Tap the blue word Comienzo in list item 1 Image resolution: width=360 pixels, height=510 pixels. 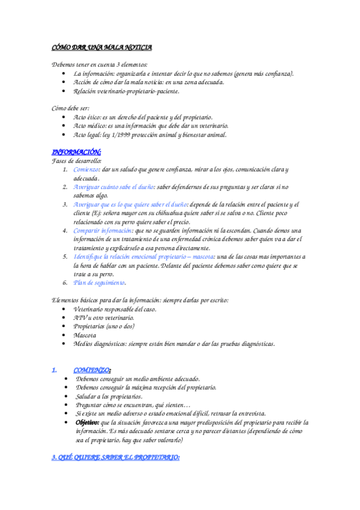coord(87,170)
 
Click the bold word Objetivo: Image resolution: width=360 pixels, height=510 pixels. coord(88,423)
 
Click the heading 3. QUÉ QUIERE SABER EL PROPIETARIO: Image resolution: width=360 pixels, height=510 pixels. coord(115,458)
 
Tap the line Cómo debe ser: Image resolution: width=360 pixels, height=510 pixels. coord(70,108)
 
